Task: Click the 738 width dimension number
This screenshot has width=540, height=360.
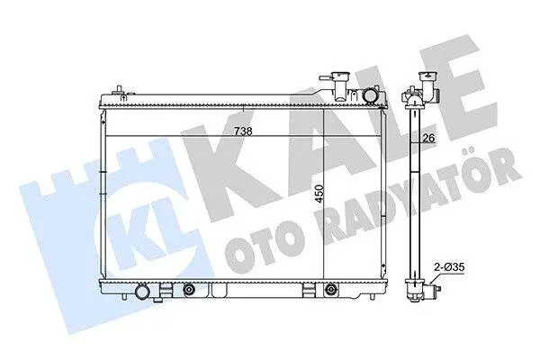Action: (243, 131)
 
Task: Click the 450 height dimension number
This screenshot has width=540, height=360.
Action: (319, 194)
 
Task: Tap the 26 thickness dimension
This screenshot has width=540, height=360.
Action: (428, 138)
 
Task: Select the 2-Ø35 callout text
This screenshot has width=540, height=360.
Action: (449, 266)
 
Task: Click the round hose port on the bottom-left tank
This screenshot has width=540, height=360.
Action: (142, 292)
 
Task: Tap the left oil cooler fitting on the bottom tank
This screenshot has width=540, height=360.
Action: (189, 289)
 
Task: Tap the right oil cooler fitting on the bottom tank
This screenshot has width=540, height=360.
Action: (331, 289)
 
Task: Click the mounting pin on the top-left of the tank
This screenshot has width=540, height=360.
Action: (119, 90)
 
